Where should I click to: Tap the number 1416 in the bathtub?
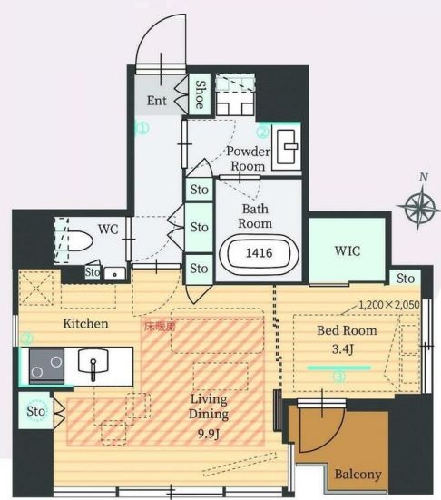(x=260, y=253)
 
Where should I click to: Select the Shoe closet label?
(x=201, y=94)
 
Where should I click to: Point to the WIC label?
(x=348, y=251)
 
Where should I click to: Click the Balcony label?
(x=358, y=475)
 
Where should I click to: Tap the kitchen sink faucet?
(x=93, y=369)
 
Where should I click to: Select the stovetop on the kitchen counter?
(x=47, y=366)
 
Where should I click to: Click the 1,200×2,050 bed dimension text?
(x=389, y=305)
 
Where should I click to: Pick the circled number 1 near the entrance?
(x=142, y=129)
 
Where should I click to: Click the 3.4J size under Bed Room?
(x=343, y=349)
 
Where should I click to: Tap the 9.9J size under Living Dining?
(x=209, y=434)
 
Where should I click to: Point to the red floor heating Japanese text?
(x=160, y=326)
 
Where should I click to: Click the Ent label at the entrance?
(x=157, y=101)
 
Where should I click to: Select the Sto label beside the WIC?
(x=406, y=279)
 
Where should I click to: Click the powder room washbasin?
(x=287, y=147)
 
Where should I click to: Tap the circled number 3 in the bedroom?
(x=339, y=377)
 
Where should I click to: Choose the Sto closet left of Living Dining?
(x=35, y=411)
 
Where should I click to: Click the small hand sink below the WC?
(x=115, y=274)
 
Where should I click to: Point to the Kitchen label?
(x=85, y=324)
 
